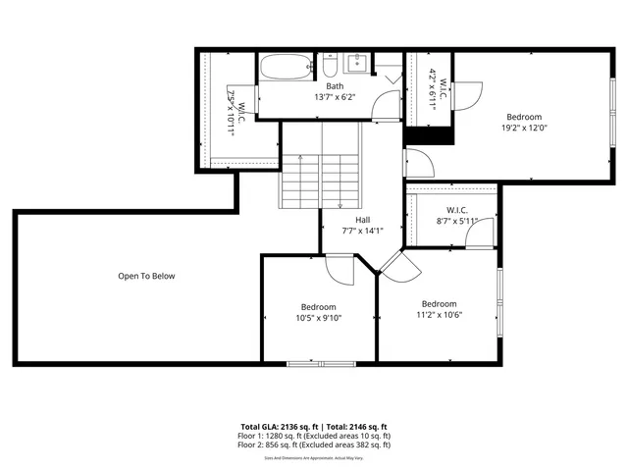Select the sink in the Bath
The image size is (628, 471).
coord(355,65)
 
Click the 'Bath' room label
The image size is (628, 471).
coord(335,86)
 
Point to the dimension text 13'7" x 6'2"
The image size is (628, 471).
coord(335,97)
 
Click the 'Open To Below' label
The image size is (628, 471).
coord(146,276)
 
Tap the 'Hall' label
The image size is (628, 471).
coord(362,220)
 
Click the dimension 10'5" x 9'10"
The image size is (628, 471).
coord(318,317)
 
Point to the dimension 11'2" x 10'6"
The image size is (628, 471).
coord(439,315)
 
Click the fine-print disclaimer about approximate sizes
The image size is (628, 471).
coord(314,457)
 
